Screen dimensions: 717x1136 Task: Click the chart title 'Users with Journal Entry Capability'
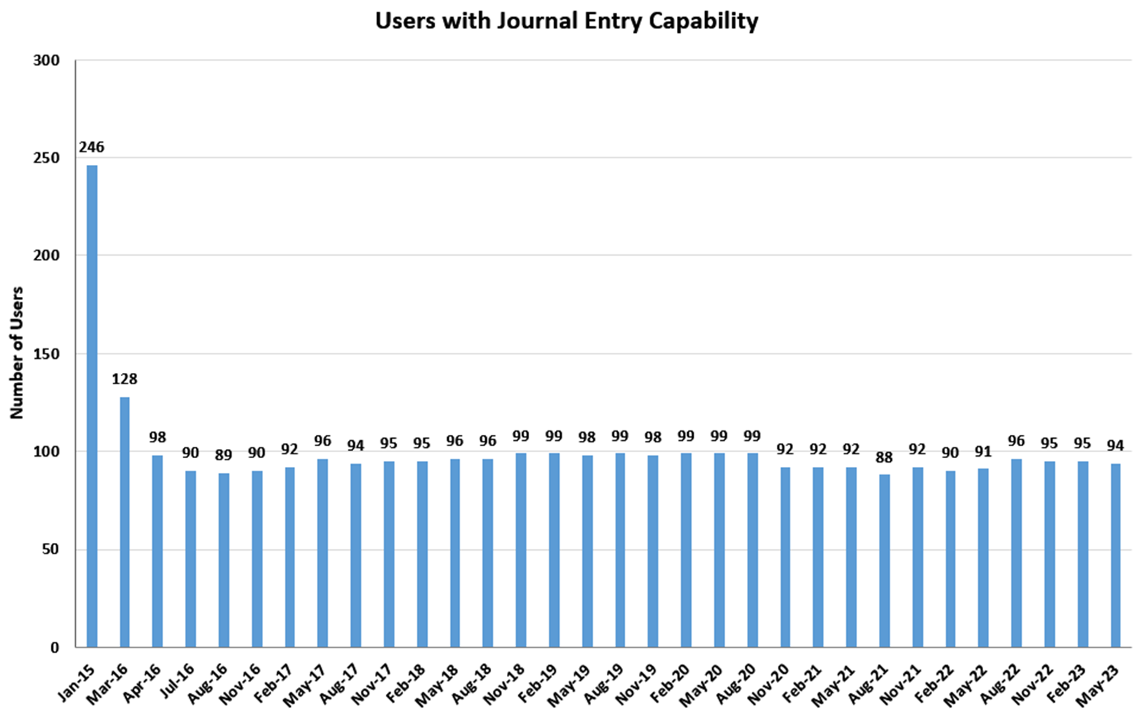567,21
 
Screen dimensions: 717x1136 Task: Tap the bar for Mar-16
124,522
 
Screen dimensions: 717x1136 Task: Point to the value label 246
92,147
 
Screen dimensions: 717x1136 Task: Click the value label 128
124,379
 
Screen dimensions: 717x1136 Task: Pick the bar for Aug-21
884,560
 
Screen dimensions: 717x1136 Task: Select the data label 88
884,457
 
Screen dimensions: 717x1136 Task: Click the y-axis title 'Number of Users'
16,352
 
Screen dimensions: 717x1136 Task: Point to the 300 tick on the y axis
46,60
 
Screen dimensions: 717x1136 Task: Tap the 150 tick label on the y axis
46,354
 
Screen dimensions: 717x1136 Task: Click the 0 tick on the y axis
54,648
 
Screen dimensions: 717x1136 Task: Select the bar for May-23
1115,555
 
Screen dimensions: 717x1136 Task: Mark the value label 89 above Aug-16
224,455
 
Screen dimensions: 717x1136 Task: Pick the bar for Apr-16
157,551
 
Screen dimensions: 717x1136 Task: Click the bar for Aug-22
1016,553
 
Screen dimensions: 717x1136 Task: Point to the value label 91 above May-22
983,451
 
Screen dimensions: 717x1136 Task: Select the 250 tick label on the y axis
46,158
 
